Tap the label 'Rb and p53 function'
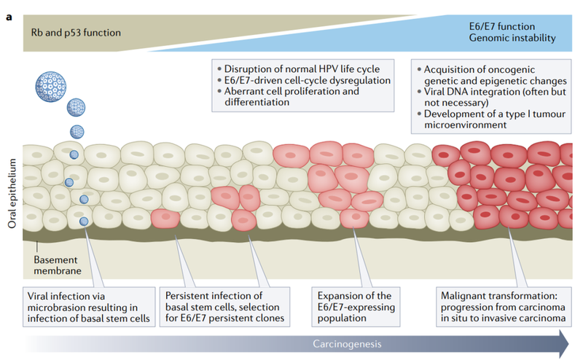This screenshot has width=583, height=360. pos(76,32)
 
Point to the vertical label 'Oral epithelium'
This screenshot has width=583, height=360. pos(11,193)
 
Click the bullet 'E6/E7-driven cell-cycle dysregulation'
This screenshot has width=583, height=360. pos(305,81)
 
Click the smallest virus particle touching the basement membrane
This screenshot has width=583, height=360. pos(85,222)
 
